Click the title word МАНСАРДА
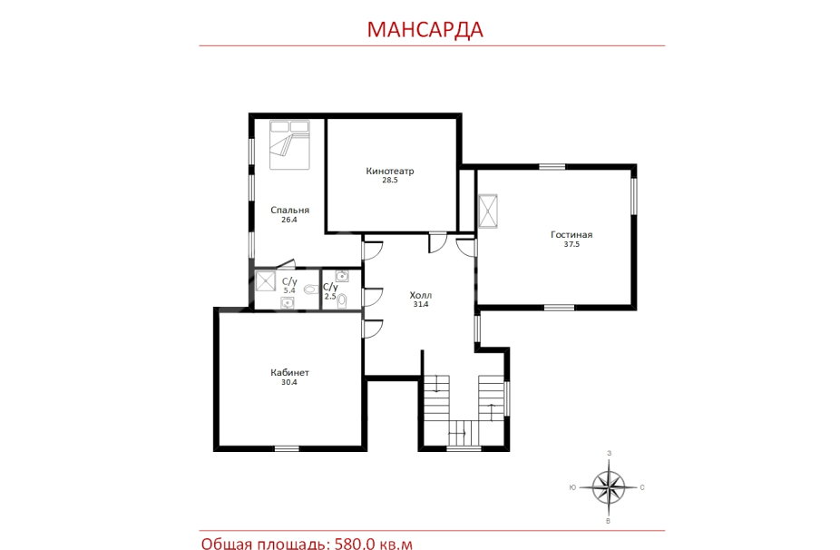425,29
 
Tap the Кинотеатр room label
390,171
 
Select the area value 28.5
390,180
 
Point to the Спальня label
289,211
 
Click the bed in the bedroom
289,144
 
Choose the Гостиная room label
571,234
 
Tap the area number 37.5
571,244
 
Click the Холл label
421,295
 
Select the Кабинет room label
289,372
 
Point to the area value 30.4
289,382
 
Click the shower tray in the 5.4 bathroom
265,281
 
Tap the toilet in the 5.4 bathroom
309,290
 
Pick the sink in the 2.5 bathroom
342,276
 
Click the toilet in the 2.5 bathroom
342,301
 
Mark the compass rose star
609,487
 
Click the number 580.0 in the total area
355,544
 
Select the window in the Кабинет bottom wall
287,448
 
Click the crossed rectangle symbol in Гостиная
487,211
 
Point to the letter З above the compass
609,454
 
